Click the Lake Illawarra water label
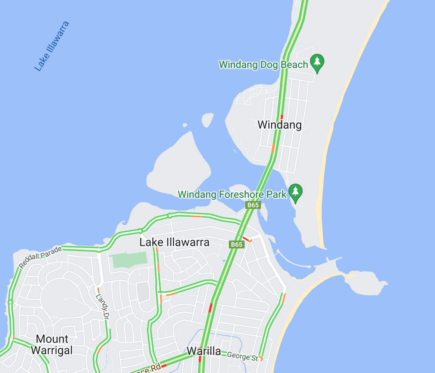point(52,46)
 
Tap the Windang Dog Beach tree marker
point(317,63)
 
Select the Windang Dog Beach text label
point(263,65)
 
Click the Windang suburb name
point(279,125)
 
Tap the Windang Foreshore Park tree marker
point(296,193)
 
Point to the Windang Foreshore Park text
point(232,194)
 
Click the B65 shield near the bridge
point(253,205)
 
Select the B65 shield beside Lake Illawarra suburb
point(236,244)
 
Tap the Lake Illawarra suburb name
point(174,242)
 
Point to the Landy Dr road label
point(101,307)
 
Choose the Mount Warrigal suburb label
point(52,344)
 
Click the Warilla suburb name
point(204,351)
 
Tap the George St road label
point(242,356)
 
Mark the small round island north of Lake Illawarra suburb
point(207,120)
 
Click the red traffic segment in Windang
point(281,117)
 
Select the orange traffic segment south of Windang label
point(273,148)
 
